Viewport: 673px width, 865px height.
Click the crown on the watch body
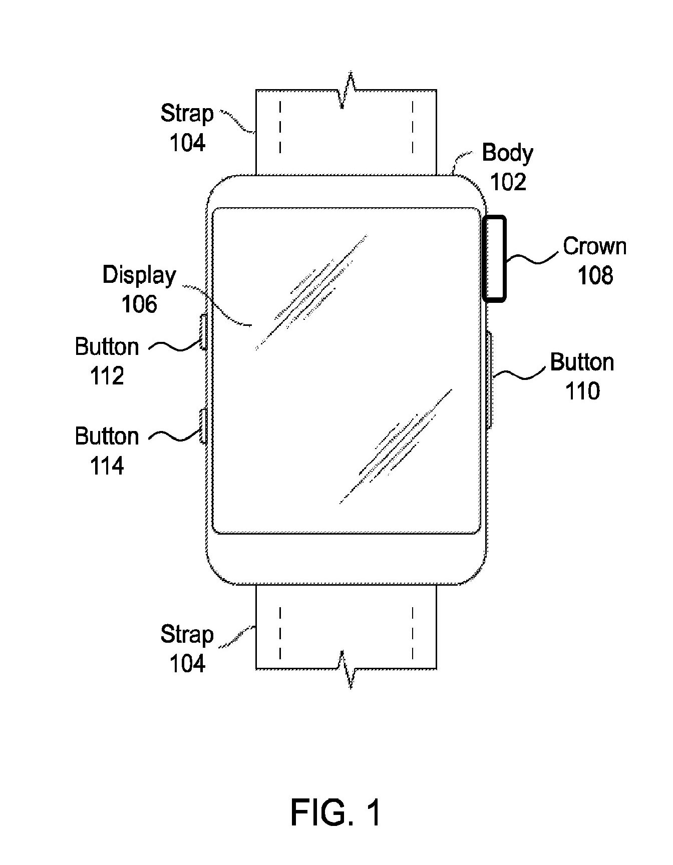point(494,258)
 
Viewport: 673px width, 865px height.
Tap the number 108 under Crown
point(595,275)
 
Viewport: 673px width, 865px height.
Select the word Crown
point(594,246)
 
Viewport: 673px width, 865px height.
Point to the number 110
point(582,391)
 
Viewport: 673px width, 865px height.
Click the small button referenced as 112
point(203,332)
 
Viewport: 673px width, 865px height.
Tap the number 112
point(107,376)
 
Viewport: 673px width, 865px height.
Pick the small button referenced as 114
point(203,425)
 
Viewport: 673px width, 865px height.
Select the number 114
point(107,466)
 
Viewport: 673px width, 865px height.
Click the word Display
point(139,275)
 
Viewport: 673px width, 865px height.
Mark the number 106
point(139,304)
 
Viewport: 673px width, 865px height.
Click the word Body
point(507,153)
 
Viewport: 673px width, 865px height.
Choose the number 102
point(508,182)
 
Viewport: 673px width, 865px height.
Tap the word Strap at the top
point(187,114)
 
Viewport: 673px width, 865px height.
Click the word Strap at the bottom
point(187,635)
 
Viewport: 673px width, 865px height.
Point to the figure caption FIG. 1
point(336,812)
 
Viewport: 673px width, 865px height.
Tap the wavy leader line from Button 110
point(521,372)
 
